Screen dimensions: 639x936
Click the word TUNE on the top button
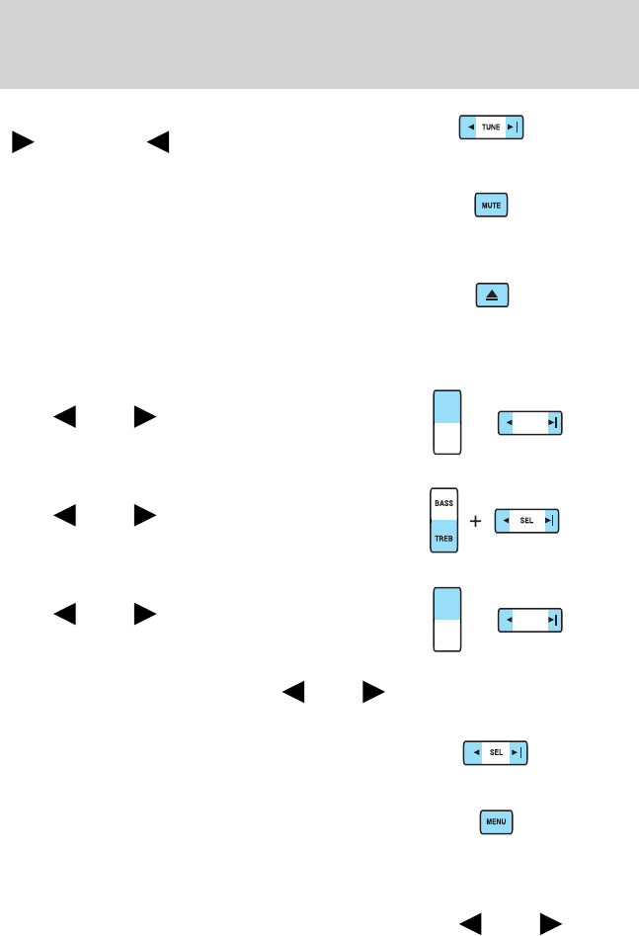coord(491,128)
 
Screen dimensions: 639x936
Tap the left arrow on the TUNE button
coord(470,128)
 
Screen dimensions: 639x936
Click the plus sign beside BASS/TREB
coord(476,521)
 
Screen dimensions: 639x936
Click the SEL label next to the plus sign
coord(527,521)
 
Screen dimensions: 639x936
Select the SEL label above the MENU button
coord(496,752)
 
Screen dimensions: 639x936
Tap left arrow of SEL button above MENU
coord(475,752)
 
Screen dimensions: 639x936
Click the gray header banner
coord(319,44)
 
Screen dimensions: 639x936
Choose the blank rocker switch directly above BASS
coord(447,422)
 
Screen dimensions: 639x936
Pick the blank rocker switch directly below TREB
coord(447,619)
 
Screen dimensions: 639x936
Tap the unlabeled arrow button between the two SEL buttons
coord(528,619)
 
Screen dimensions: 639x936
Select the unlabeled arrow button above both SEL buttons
coord(528,422)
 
